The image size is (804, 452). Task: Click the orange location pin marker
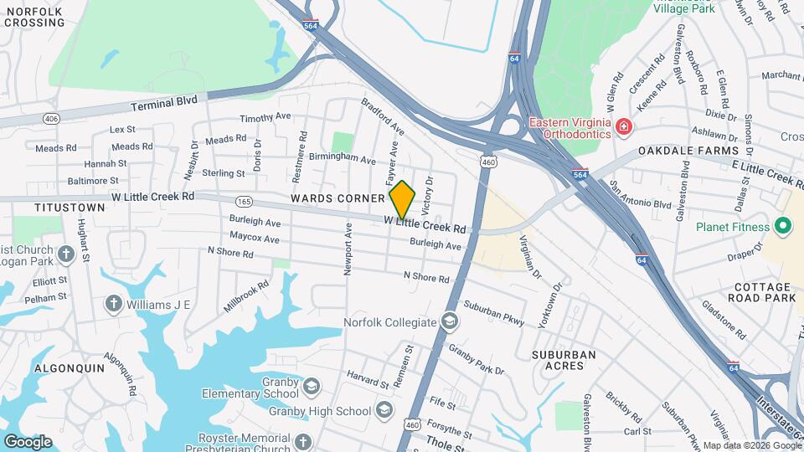[402, 198]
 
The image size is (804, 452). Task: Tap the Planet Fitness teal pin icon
[783, 226]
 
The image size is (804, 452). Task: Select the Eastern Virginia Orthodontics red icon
[623, 127]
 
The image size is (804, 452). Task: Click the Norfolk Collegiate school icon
[450, 322]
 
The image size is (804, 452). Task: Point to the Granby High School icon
[384, 410]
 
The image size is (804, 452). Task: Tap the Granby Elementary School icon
[312, 386]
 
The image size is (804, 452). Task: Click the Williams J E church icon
[114, 303]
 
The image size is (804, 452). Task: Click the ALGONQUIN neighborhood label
[70, 367]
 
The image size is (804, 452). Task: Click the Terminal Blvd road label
[165, 103]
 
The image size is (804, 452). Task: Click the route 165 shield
[245, 202]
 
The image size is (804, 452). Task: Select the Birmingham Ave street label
[343, 158]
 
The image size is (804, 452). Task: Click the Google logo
[28, 441]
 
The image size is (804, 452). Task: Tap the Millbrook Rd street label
[246, 296]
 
